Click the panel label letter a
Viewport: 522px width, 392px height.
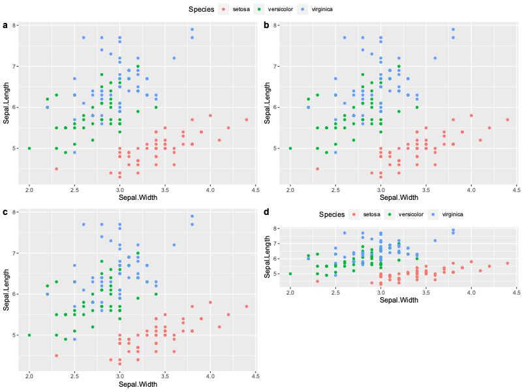[x=6, y=25]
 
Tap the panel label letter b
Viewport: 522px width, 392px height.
[x=266, y=25]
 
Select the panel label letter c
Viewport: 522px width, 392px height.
[x=6, y=212]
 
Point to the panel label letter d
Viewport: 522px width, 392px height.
[x=266, y=212]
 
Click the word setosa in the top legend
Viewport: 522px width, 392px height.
[x=241, y=9]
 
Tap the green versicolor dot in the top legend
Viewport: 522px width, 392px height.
[x=260, y=9]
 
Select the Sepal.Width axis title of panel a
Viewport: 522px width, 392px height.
[x=138, y=197]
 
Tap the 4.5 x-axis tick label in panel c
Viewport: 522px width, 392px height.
[x=255, y=376]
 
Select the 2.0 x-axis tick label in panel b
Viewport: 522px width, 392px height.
[x=290, y=189]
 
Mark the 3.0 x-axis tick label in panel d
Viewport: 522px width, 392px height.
[x=380, y=292]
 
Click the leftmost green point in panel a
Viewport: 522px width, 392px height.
[x=29, y=148]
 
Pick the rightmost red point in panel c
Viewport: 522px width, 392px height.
[x=247, y=306]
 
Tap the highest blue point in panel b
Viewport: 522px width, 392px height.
[x=453, y=29]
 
